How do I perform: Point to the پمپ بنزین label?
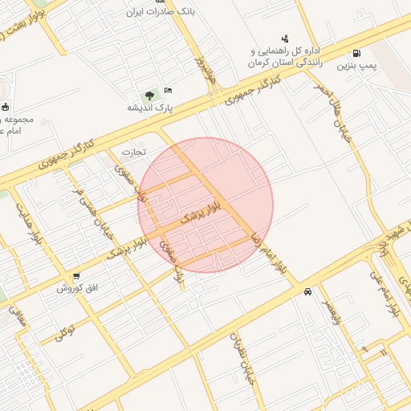tap(354, 63)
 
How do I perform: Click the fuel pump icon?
tap(367, 53)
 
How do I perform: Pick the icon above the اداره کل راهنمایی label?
tap(284, 38)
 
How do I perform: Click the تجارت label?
tap(133, 151)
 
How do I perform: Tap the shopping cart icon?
tap(76, 276)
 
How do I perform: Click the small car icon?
tap(307, 292)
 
